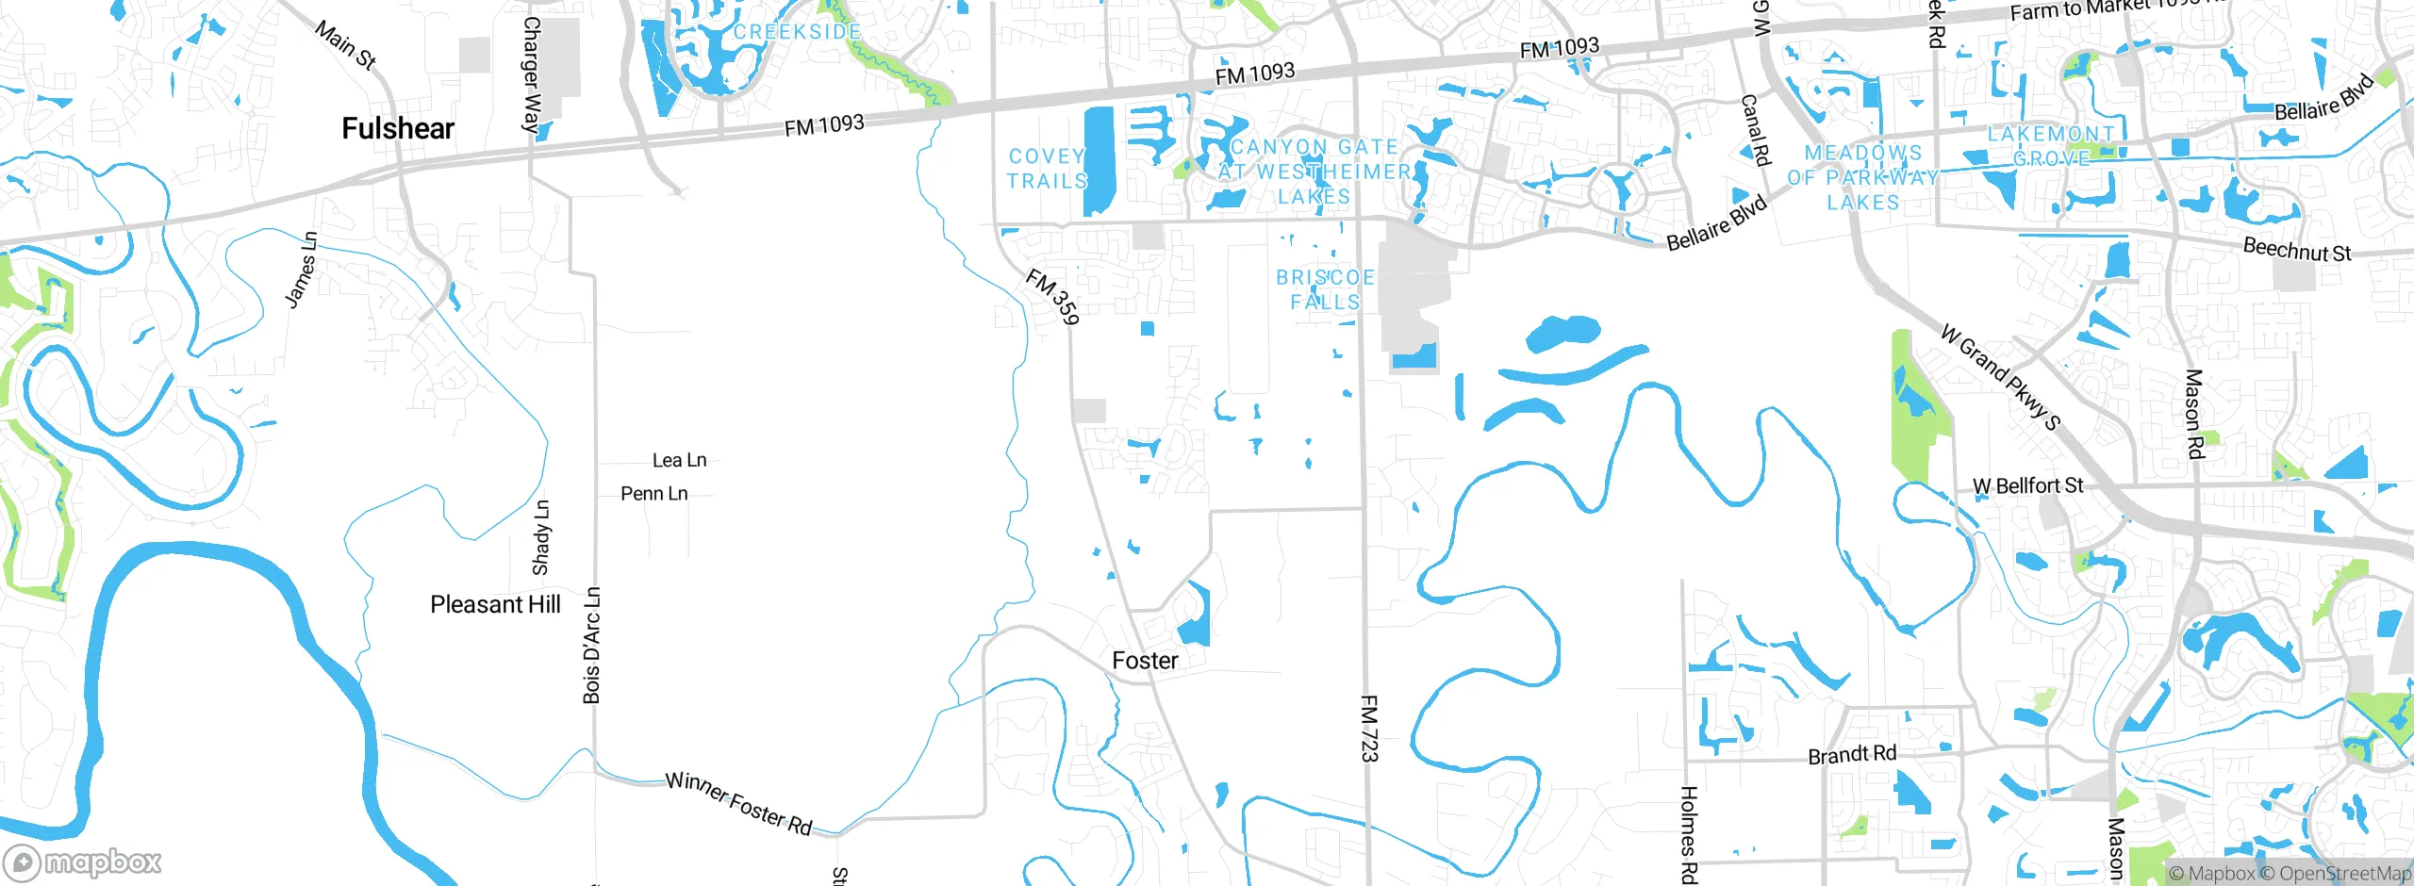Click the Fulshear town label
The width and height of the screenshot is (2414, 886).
tap(398, 128)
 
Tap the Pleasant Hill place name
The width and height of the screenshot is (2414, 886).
tap(495, 604)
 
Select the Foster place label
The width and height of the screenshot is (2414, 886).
tap(1145, 660)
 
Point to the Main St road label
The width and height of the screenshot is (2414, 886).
tap(345, 45)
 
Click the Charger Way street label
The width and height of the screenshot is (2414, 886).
tap(532, 74)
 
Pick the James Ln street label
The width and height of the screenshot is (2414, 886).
tap(302, 270)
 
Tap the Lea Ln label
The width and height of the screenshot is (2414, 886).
tap(679, 460)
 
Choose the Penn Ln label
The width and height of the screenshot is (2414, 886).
tap(653, 493)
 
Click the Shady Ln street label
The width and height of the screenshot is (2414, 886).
tap(541, 537)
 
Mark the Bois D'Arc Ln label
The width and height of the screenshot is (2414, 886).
tap(591, 645)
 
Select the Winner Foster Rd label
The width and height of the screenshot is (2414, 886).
tap(738, 803)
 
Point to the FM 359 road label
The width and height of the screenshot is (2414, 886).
tap(1052, 296)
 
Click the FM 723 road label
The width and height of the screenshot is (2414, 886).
tap(1369, 728)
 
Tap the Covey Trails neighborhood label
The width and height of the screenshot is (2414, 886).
tap(1047, 168)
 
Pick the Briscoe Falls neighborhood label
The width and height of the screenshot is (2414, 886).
tap(1325, 289)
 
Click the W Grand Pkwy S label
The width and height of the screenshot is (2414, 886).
tap(2001, 376)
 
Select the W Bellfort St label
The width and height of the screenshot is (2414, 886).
tap(2027, 485)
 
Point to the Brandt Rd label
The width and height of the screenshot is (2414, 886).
tap(1852, 755)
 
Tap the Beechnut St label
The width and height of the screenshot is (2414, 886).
tap(2296, 250)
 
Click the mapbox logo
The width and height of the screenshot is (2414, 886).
tap(83, 861)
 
